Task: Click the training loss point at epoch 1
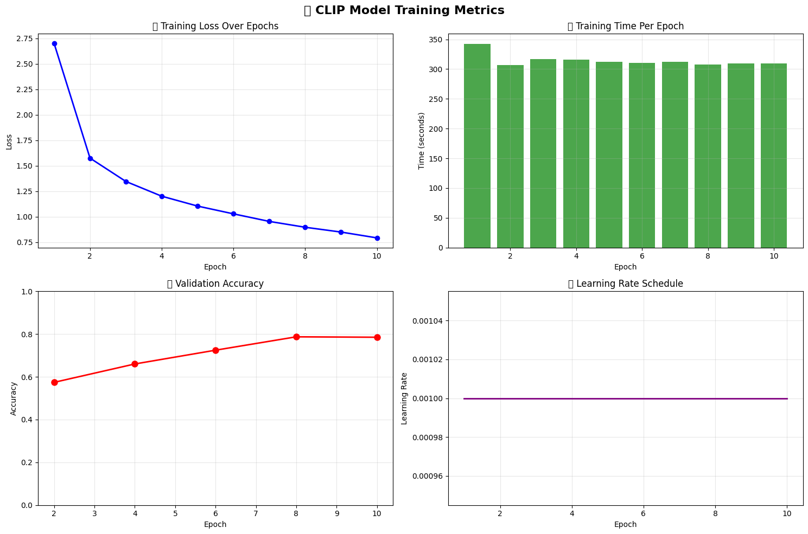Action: click(54, 43)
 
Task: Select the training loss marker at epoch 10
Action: click(377, 238)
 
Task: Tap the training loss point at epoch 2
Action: click(90, 158)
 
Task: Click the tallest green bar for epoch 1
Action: click(477, 146)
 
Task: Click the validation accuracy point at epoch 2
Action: click(54, 382)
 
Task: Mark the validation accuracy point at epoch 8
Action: click(296, 337)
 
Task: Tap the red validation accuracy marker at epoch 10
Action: click(377, 337)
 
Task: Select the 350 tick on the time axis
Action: click(436, 40)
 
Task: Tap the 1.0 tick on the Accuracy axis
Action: click(27, 292)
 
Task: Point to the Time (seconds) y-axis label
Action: click(422, 141)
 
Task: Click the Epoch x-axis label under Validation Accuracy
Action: click(215, 524)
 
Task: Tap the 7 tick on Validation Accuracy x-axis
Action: click(256, 513)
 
